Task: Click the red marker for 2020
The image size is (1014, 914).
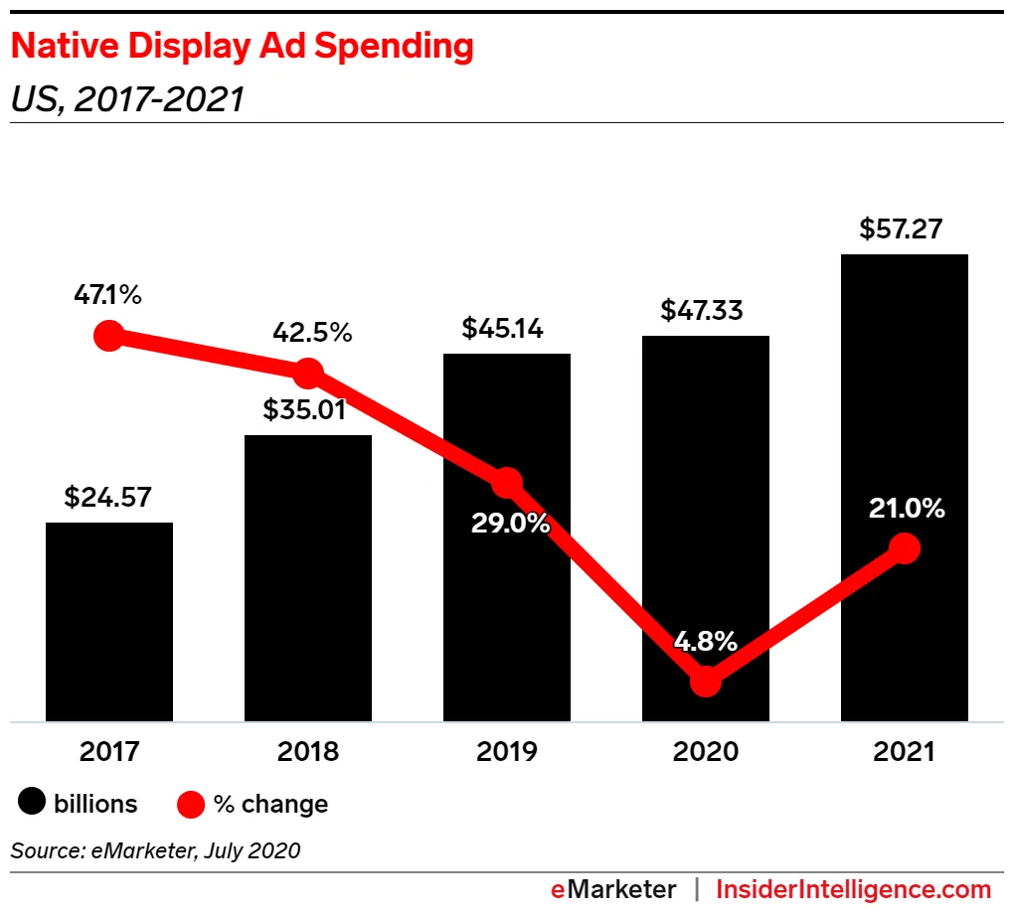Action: (705, 681)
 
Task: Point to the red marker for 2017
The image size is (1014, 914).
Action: (108, 336)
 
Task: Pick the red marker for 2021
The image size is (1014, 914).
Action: (904, 547)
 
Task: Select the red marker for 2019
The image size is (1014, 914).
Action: (507, 483)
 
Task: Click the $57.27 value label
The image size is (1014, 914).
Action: (901, 230)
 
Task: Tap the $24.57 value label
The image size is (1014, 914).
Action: (108, 498)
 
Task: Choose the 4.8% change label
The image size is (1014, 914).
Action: (705, 641)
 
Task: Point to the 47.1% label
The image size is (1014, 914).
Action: (107, 295)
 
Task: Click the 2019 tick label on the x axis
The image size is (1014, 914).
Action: (507, 751)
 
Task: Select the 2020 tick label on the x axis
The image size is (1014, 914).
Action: (706, 751)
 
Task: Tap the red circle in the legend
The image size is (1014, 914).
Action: (190, 803)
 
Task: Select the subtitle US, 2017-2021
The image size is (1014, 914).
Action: (126, 99)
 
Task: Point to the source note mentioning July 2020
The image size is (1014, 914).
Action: (155, 850)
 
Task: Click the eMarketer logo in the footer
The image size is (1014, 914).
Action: (613, 889)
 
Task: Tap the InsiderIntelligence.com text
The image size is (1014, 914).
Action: (854, 889)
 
